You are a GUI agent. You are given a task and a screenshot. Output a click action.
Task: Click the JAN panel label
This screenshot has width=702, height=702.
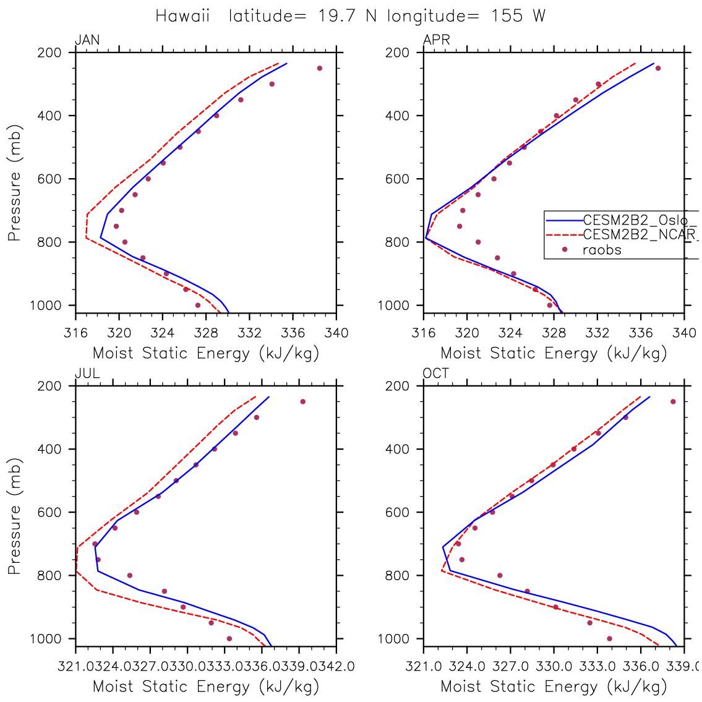click(87, 41)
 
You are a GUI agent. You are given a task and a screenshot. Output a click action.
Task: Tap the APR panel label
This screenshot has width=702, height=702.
click(436, 41)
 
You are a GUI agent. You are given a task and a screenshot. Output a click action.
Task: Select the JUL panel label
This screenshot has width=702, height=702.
click(87, 374)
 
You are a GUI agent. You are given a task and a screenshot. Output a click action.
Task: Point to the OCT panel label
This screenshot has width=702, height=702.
click(436, 374)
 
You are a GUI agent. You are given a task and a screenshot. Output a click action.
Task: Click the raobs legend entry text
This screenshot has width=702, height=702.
click(602, 250)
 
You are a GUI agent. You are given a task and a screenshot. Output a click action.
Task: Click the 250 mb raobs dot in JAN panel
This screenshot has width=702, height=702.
click(320, 68)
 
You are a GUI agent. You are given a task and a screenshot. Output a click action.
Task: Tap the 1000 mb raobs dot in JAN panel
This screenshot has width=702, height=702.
click(198, 305)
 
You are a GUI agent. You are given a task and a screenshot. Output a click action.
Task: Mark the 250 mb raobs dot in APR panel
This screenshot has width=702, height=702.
click(658, 68)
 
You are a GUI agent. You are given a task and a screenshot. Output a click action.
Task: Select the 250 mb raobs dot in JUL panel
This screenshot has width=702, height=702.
click(303, 401)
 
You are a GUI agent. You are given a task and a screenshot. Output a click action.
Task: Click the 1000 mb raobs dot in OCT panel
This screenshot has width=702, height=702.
click(609, 638)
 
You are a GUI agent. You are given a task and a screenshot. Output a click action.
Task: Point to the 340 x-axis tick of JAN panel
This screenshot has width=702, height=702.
click(336, 333)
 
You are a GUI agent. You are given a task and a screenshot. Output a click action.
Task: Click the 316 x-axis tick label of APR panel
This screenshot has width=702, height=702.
click(424, 333)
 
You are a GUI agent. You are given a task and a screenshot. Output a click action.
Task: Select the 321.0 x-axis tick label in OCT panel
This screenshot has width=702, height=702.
click(424, 667)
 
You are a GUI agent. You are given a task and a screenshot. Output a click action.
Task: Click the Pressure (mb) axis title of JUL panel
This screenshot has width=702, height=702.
click(15, 516)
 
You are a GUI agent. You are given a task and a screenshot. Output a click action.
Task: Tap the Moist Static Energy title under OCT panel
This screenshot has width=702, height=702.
click(554, 687)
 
